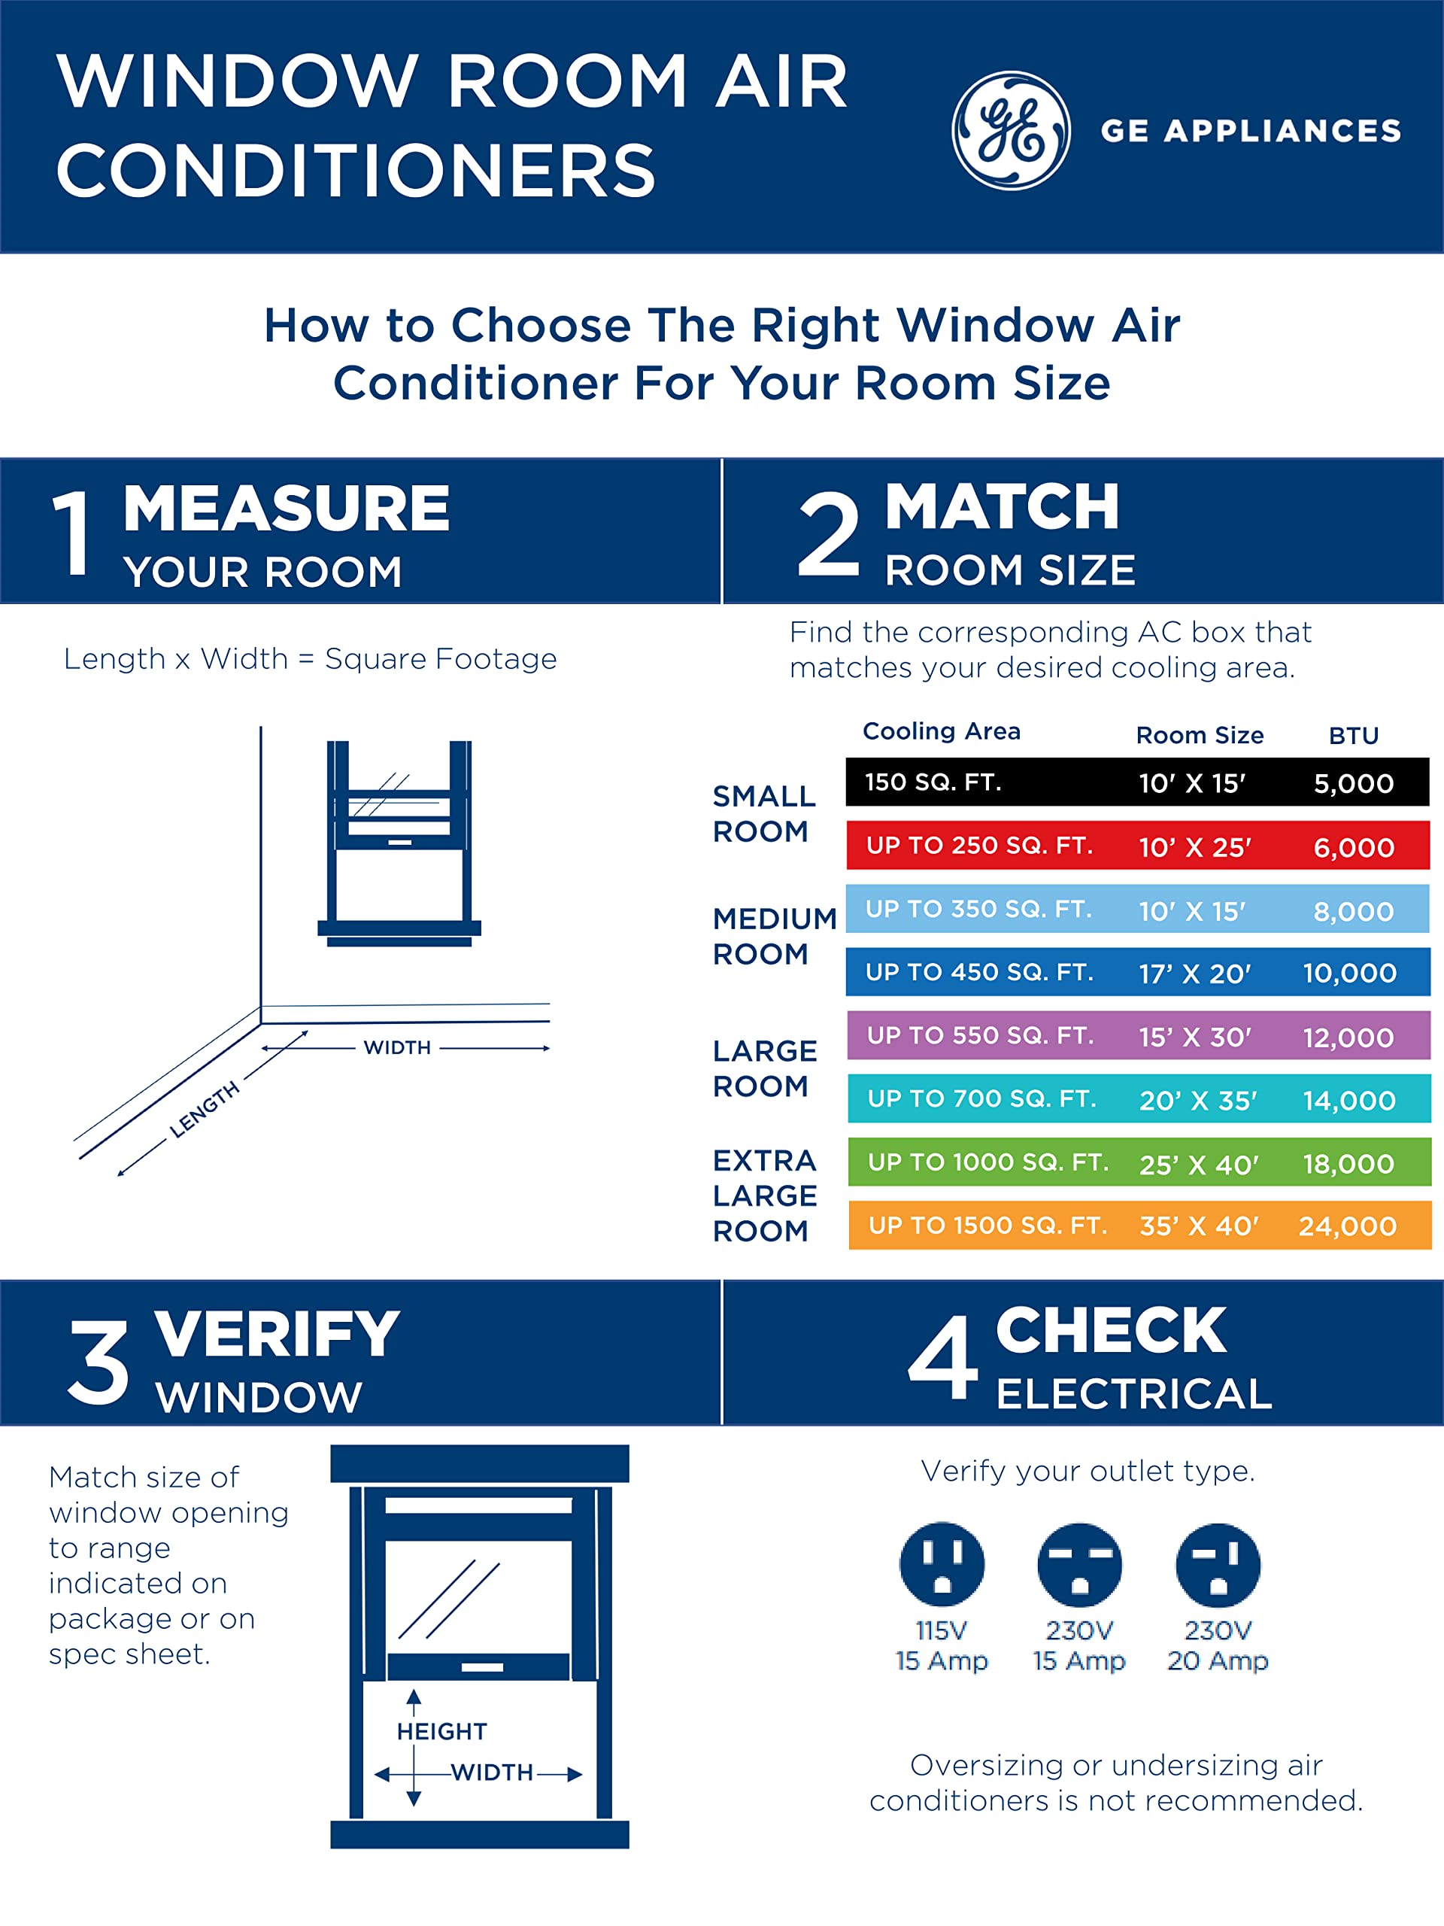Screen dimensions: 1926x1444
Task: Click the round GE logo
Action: click(1011, 131)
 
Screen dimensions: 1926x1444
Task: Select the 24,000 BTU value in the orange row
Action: click(1348, 1226)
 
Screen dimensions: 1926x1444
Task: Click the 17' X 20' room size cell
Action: click(1194, 973)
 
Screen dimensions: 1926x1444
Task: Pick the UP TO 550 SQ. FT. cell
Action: click(980, 1035)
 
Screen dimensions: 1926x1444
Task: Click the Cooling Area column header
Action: click(941, 731)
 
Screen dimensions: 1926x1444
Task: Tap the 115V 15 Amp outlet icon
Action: click(942, 1565)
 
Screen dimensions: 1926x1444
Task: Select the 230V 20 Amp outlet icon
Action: click(1218, 1565)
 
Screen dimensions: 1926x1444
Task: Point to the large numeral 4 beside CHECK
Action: click(942, 1358)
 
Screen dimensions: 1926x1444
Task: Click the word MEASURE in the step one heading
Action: click(287, 509)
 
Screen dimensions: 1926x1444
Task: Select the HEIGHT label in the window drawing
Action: click(441, 1731)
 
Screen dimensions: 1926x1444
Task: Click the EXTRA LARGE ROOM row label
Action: click(764, 1195)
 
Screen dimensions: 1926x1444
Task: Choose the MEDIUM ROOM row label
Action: click(773, 936)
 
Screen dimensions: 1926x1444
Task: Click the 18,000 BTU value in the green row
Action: click(1348, 1163)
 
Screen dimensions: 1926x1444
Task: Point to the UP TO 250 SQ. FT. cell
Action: click(979, 846)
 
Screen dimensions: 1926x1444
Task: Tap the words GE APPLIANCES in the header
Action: click(1251, 131)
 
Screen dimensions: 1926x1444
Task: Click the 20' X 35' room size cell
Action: click(1197, 1101)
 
